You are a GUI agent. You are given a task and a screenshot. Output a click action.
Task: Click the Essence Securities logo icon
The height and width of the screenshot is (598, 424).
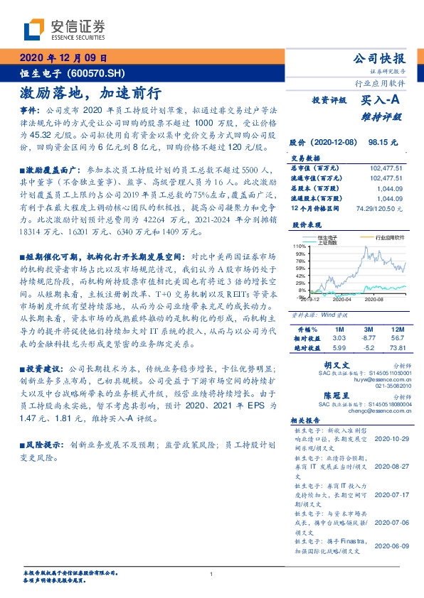click(35, 30)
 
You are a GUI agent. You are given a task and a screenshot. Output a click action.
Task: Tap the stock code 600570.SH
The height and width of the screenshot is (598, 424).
click(96, 73)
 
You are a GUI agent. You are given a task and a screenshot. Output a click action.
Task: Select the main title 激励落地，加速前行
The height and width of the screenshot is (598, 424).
click(90, 94)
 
